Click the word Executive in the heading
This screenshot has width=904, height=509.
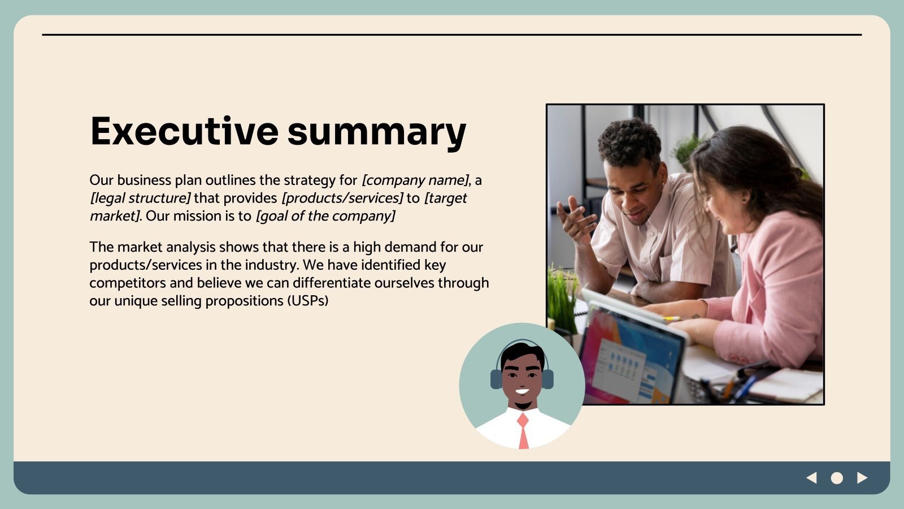point(184,131)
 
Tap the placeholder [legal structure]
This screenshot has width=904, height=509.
point(140,199)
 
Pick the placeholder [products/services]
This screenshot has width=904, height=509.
point(342,199)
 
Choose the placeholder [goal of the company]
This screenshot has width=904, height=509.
point(325,216)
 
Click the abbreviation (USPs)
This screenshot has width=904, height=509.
point(308,301)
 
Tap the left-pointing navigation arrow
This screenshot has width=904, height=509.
point(811,478)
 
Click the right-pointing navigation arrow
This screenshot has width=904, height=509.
point(862,478)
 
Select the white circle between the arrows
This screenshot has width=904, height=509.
point(837,478)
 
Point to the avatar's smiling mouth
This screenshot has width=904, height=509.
point(522,391)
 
